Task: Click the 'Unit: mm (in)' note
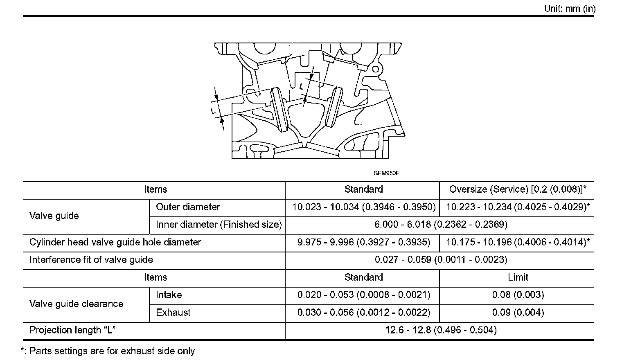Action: pos(570,9)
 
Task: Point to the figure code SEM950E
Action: pos(386,173)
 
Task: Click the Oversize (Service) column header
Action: pos(518,189)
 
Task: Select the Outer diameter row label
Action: pos(188,207)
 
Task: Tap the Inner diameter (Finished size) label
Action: pos(219,225)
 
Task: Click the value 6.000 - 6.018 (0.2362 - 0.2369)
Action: pos(441,225)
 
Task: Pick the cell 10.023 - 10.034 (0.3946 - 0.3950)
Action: pos(363,207)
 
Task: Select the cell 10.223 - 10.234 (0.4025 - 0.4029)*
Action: pos(518,207)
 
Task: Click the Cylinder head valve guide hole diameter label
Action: pos(115,242)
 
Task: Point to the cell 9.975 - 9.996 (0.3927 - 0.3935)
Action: pos(363,242)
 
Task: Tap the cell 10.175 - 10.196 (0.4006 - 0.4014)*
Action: pos(518,242)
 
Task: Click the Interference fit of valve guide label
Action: pos(91,260)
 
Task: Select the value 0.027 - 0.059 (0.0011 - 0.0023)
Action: pos(441,260)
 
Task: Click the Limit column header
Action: pos(518,277)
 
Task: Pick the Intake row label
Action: pos(169,295)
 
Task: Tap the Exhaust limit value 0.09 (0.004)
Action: pos(518,313)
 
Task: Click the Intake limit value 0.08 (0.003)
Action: pos(518,295)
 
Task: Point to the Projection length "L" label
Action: pos(72,330)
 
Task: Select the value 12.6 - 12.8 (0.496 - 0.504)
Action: pos(441,330)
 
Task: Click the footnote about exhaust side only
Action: pos(108,351)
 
